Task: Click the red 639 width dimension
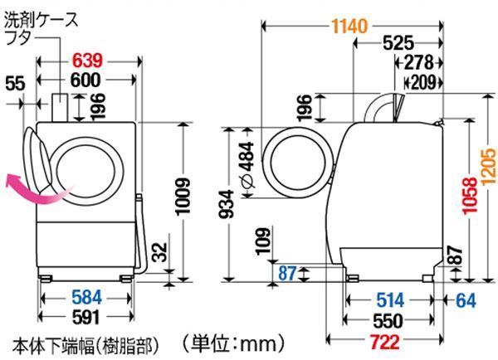(87, 61)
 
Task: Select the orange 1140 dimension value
(350, 26)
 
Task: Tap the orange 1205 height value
(489, 166)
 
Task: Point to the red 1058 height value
(470, 195)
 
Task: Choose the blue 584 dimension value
(86, 298)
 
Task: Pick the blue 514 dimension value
(390, 300)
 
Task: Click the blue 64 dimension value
(466, 300)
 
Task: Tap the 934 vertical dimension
(227, 204)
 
